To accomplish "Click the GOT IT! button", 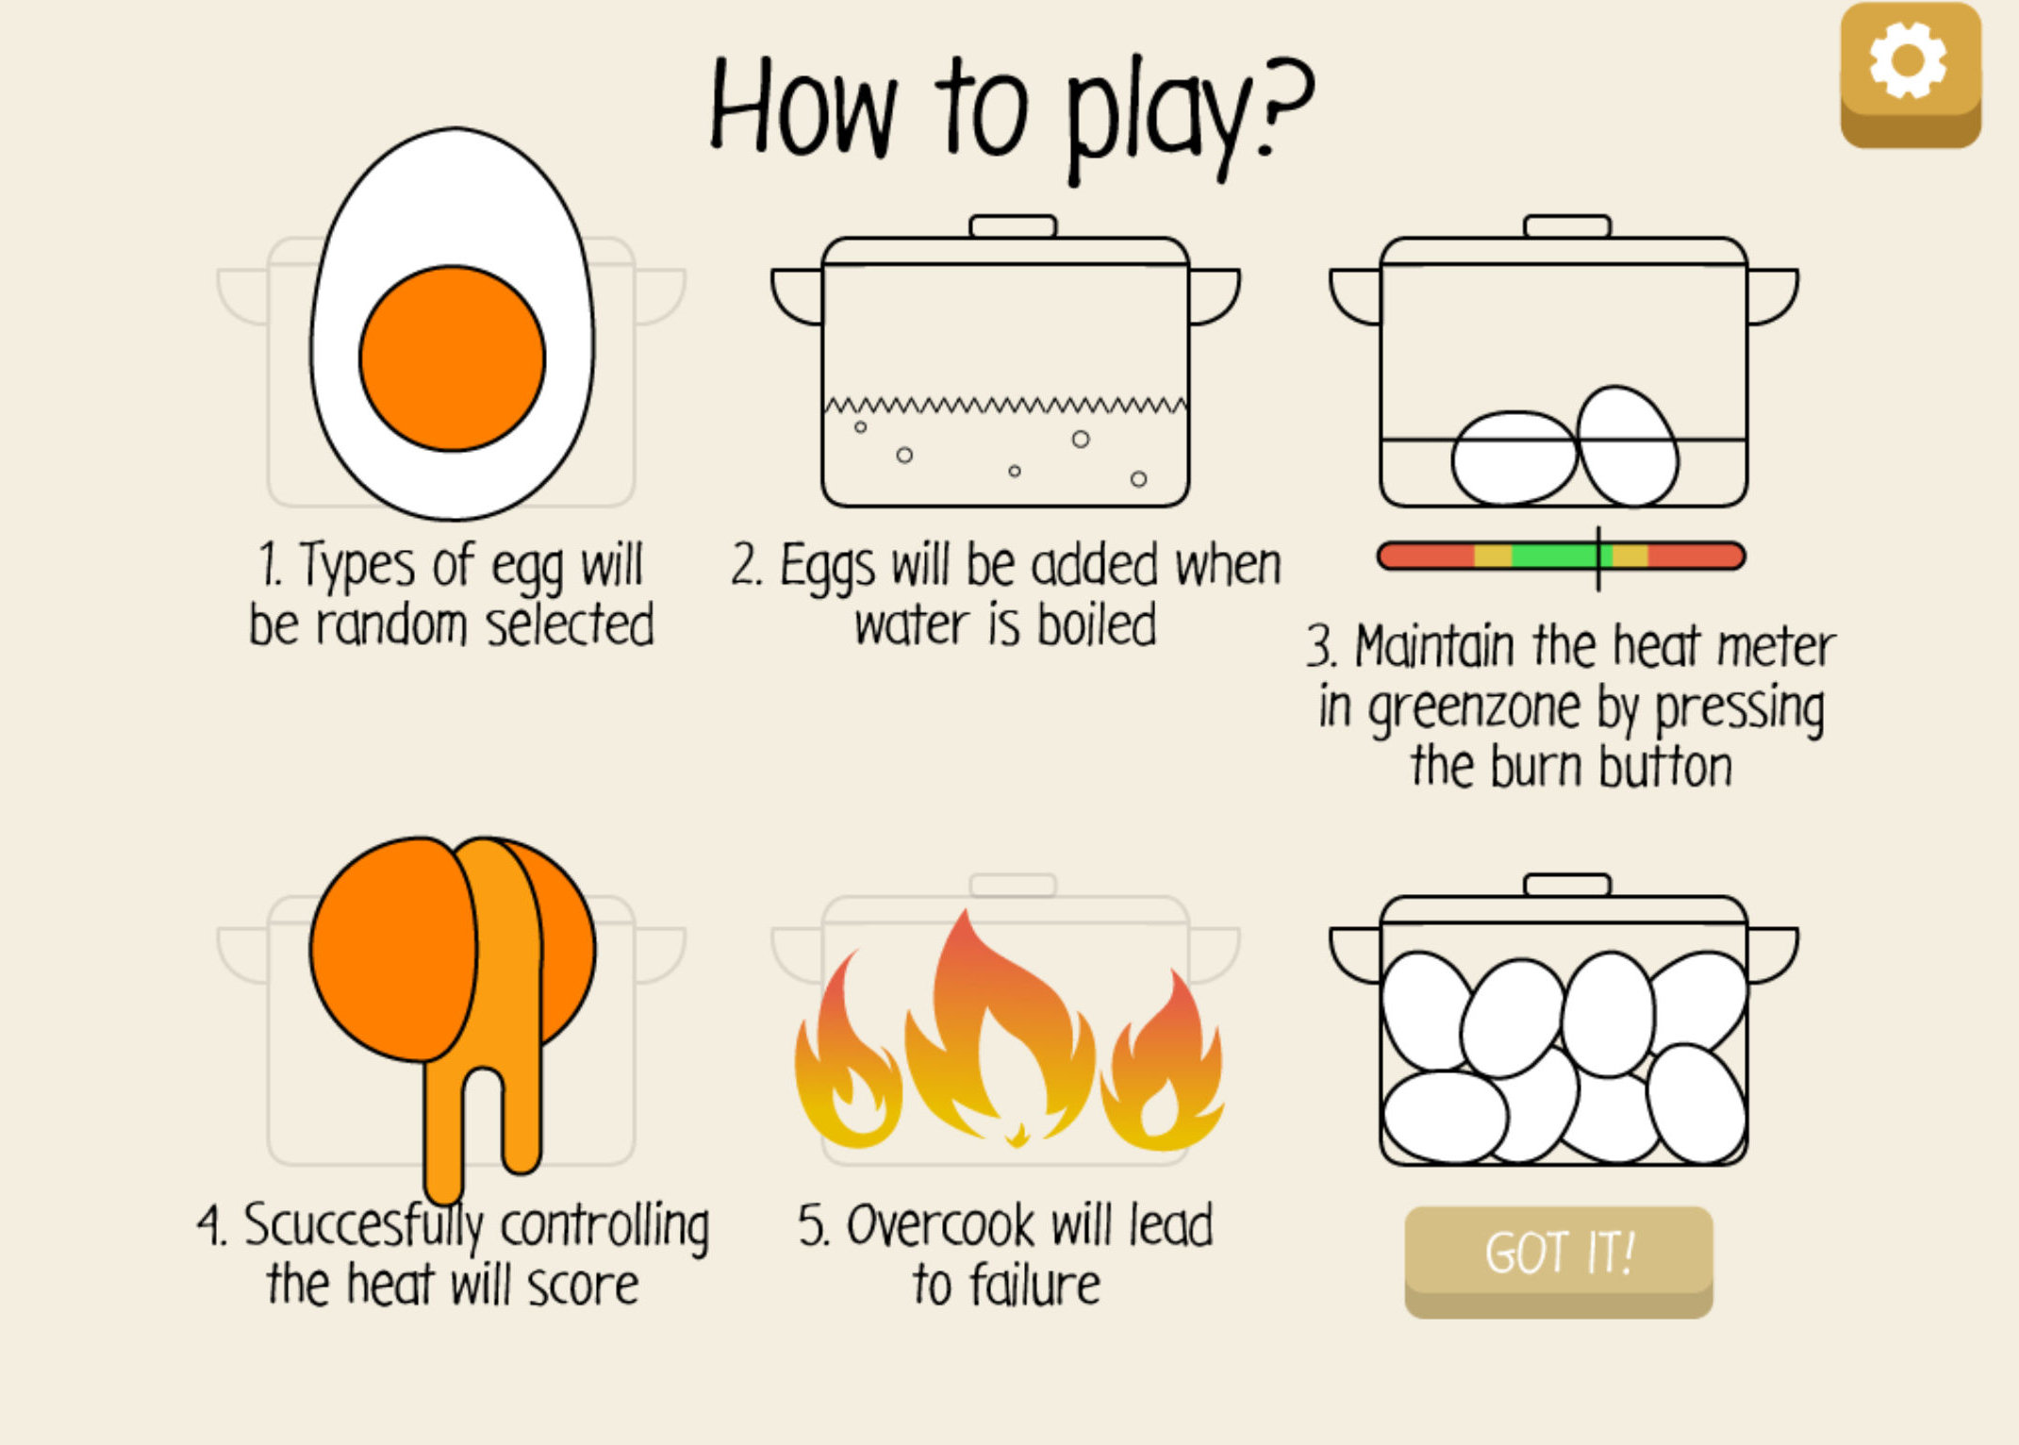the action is [x=1558, y=1260].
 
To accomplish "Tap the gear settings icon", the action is [x=1910, y=74].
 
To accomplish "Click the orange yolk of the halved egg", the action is [x=452, y=358].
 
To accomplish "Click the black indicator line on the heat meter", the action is [x=1598, y=558].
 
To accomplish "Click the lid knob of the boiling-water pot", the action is [x=1013, y=226].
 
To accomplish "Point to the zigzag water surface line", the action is [x=1005, y=406].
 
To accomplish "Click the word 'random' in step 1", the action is [x=391, y=625].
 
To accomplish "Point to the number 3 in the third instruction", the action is [x=1318, y=647].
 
